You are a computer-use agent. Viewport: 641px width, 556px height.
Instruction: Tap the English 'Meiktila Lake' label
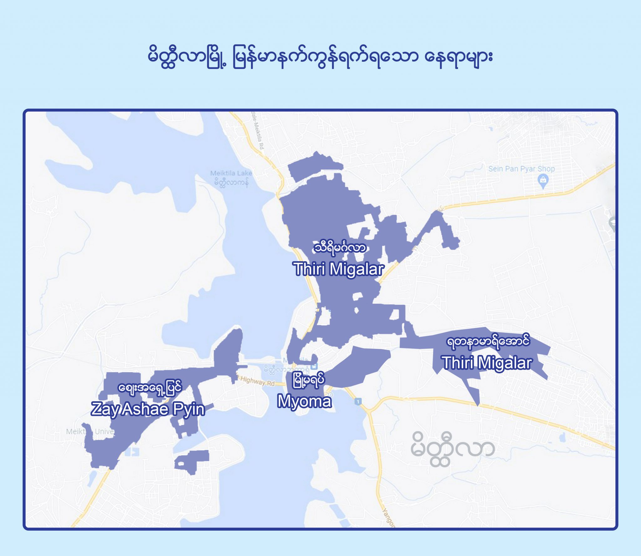click(231, 173)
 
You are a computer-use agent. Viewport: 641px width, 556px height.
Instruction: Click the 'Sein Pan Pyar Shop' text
click(521, 169)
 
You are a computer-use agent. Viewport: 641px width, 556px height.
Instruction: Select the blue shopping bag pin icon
click(543, 180)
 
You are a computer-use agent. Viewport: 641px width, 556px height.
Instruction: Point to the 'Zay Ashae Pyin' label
click(148, 409)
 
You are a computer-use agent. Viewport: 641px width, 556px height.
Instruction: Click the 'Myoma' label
click(304, 402)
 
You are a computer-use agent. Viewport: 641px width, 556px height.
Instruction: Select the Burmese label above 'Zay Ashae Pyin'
click(150, 388)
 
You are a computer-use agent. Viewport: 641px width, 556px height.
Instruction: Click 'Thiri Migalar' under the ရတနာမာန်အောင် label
click(487, 363)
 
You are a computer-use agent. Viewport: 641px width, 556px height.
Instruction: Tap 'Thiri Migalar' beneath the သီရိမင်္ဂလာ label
click(338, 269)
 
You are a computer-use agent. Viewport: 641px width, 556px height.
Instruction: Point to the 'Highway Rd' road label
click(257, 381)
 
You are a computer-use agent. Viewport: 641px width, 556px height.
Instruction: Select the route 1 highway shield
click(358, 401)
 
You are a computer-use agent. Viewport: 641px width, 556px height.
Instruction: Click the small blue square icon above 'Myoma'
click(315, 366)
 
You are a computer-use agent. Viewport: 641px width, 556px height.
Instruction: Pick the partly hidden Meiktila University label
click(90, 432)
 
